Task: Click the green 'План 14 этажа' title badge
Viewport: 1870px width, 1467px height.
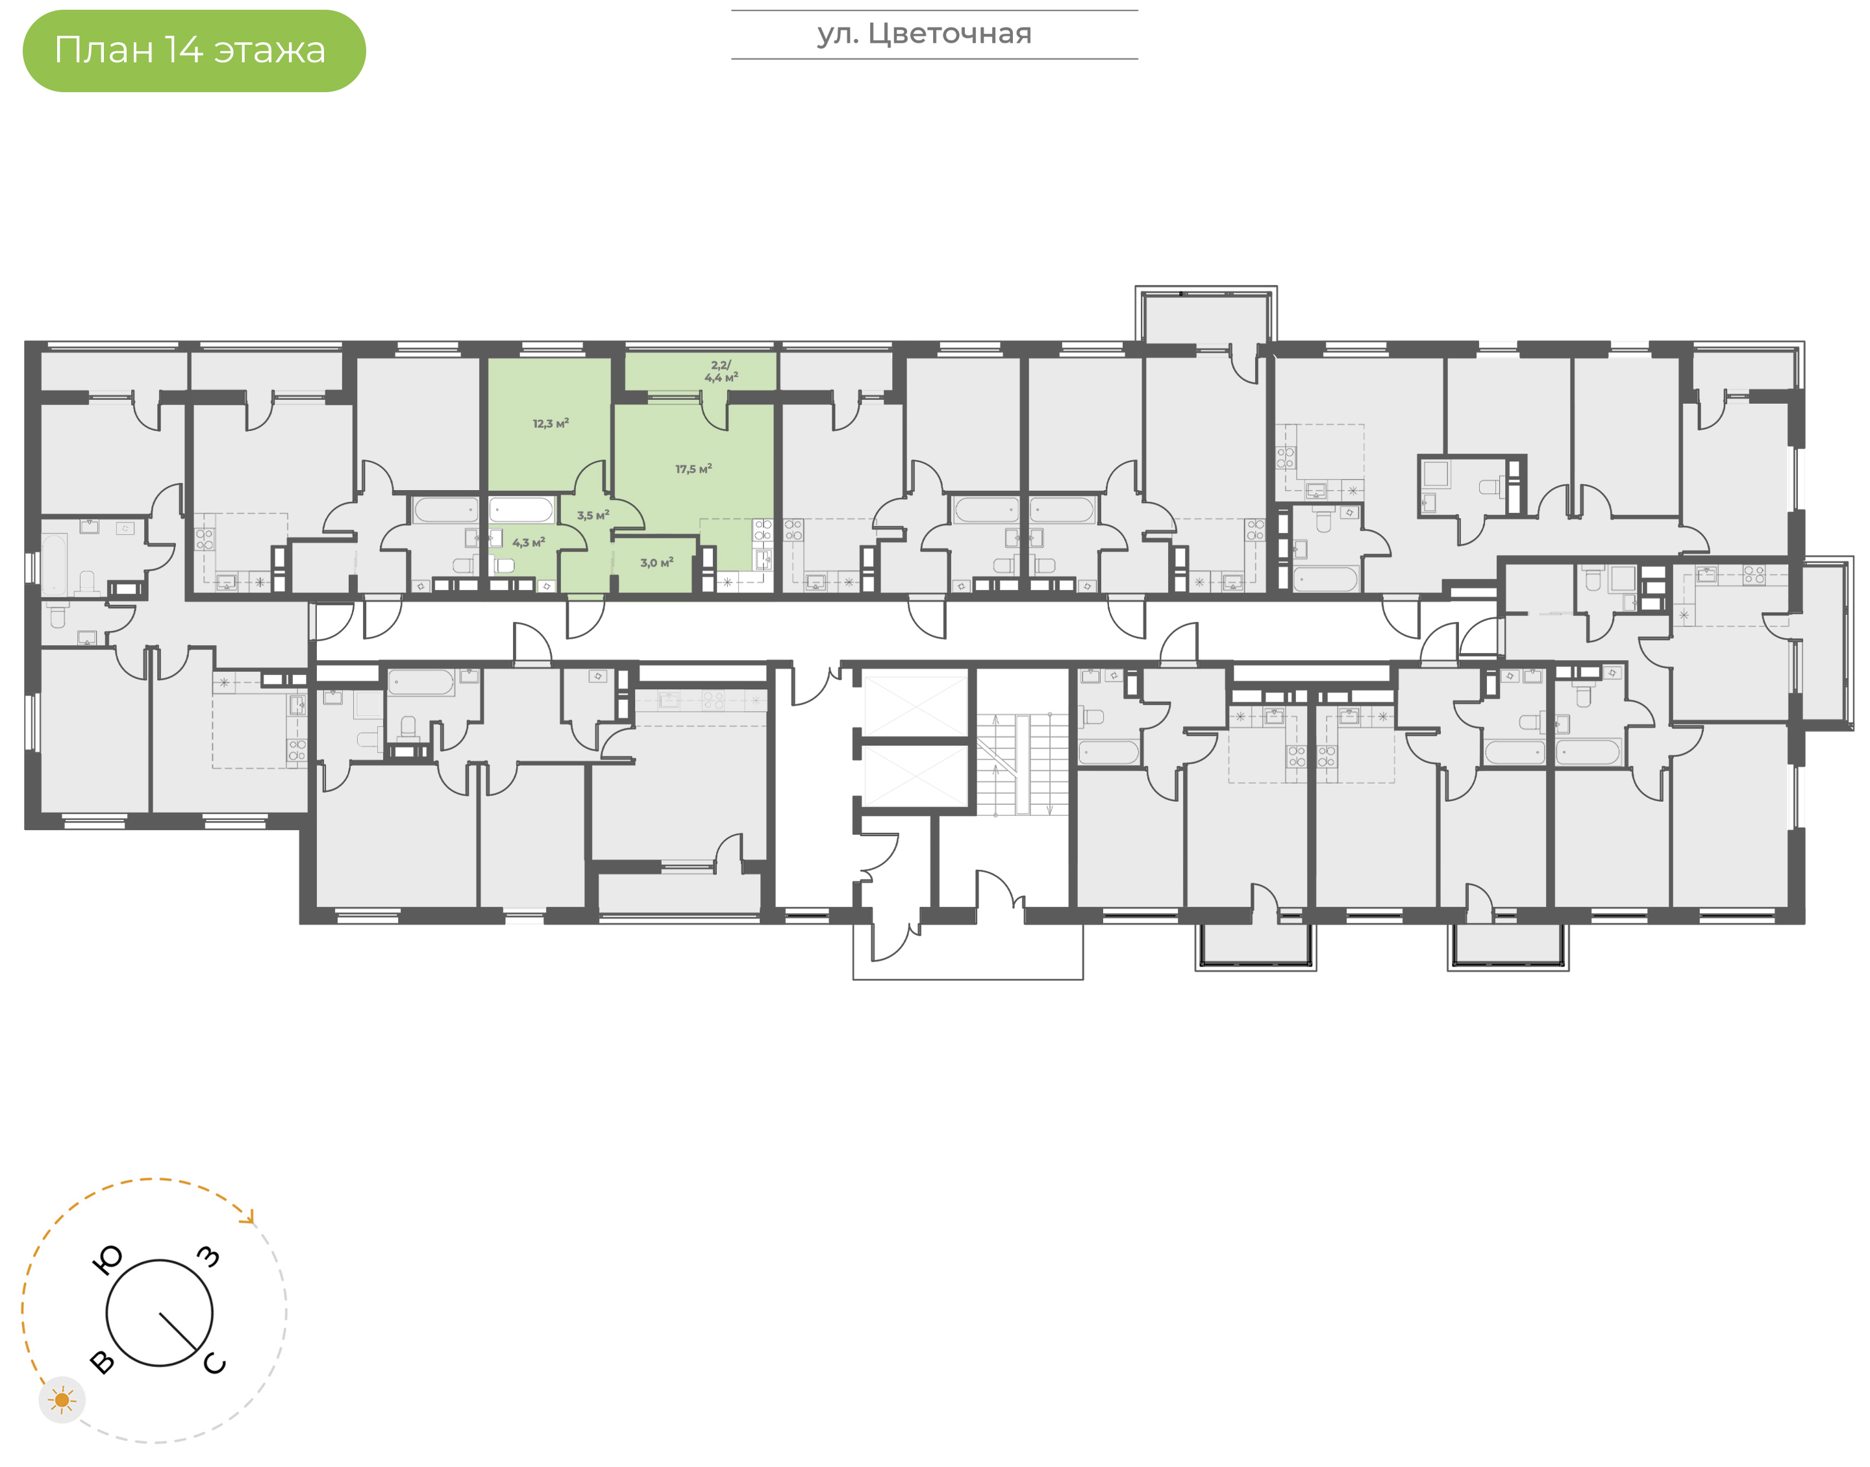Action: point(194,51)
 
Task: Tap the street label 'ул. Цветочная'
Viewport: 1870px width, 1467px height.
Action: point(924,34)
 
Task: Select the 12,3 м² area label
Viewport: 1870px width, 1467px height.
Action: point(551,423)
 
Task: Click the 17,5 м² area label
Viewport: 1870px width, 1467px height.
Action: point(693,469)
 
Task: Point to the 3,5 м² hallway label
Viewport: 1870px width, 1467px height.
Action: point(593,515)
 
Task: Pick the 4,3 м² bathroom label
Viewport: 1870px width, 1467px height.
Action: point(529,543)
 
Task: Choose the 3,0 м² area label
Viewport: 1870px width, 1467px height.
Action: point(656,563)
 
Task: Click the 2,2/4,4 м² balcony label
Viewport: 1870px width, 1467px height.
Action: point(721,371)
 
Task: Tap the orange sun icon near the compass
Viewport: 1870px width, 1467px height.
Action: point(62,1400)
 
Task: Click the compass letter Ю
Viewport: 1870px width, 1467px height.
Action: point(107,1260)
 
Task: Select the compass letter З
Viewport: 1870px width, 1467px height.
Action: point(208,1257)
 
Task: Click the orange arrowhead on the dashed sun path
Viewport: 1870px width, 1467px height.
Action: point(249,1217)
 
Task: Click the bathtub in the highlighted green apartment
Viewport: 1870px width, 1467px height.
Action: point(521,510)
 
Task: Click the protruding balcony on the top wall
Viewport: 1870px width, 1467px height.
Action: point(1205,318)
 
